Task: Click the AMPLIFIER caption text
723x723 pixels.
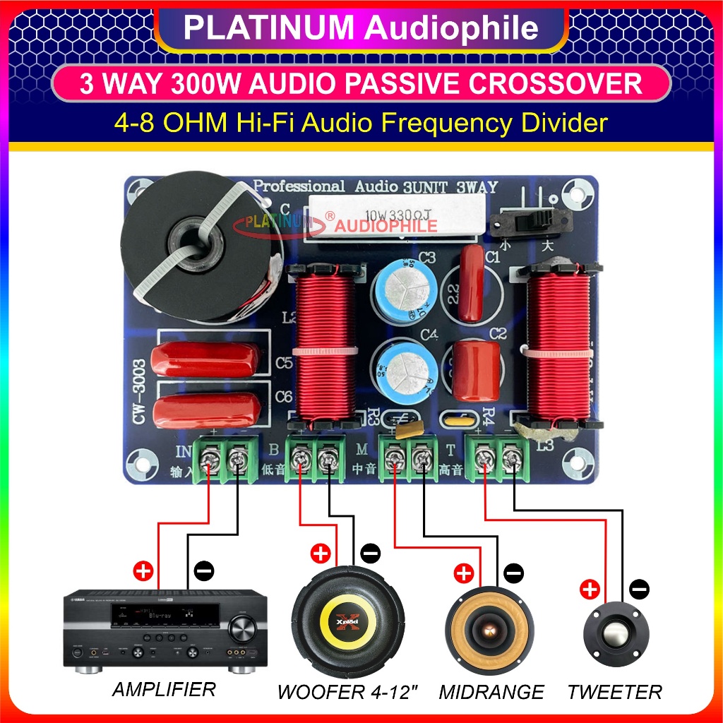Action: point(164,689)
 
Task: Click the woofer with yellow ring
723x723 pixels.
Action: point(348,623)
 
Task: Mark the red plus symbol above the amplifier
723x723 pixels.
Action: point(142,571)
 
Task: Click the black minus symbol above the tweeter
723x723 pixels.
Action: point(639,588)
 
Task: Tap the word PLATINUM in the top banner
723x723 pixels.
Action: point(269,28)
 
